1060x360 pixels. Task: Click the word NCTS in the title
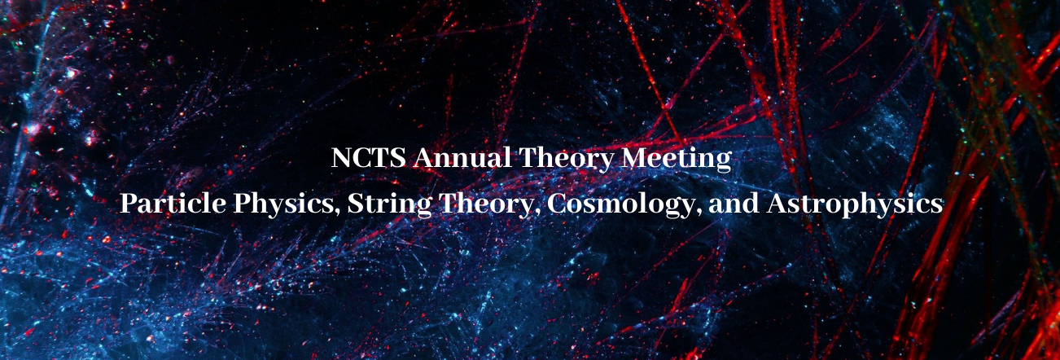pyautogui.click(x=368, y=157)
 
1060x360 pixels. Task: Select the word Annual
pyautogui.click(x=462, y=157)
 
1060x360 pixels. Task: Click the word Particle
pyautogui.click(x=173, y=203)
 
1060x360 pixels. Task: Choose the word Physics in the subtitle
pyautogui.click(x=283, y=205)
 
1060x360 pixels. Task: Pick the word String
pyautogui.click(x=389, y=205)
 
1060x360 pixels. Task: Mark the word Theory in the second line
pyautogui.click(x=485, y=205)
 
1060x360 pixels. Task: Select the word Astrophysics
pyautogui.click(x=855, y=205)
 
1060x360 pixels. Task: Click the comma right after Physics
pyautogui.click(x=337, y=213)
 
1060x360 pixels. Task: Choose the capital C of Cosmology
pyautogui.click(x=557, y=204)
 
